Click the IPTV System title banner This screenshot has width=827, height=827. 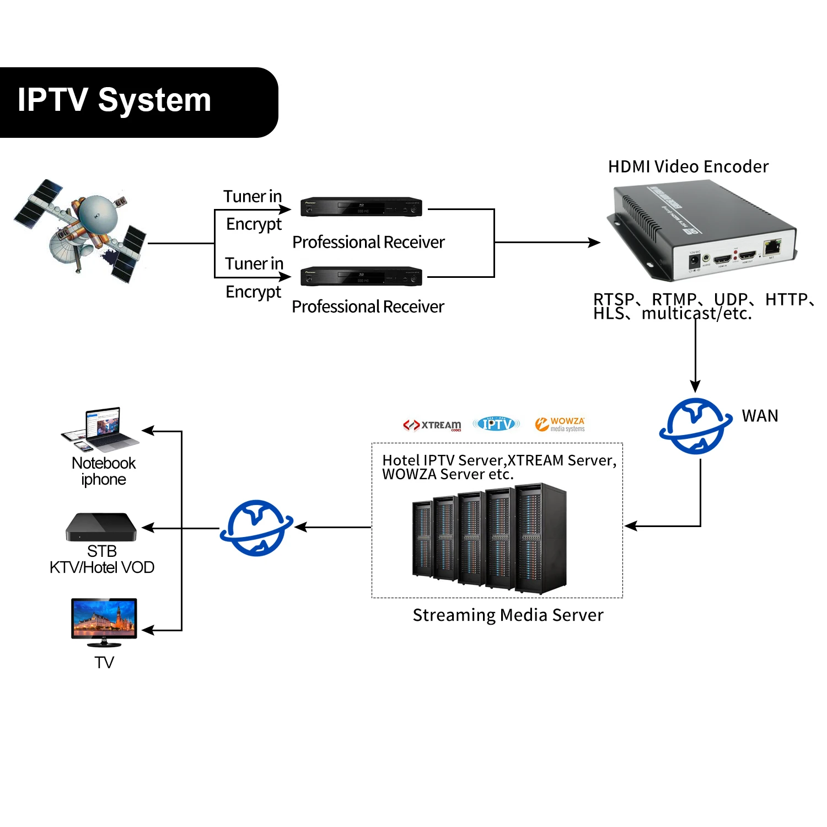click(138, 102)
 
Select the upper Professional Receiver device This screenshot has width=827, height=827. click(361, 207)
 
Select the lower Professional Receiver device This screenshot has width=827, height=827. click(361, 276)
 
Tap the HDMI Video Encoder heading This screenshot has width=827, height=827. click(688, 167)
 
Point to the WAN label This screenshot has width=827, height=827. click(760, 416)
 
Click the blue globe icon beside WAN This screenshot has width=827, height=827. click(696, 426)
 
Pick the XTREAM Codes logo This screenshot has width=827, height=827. click(433, 425)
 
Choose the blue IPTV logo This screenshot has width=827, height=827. click(496, 424)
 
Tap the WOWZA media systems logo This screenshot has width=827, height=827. click(560, 424)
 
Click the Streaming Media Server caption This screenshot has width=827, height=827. click(508, 615)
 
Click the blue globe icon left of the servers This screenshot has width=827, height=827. click(256, 528)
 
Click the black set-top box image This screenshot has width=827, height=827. click(101, 528)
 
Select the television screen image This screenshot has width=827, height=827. click(104, 619)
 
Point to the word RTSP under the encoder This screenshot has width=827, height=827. click(613, 299)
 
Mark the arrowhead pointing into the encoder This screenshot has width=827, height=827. click(595, 242)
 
